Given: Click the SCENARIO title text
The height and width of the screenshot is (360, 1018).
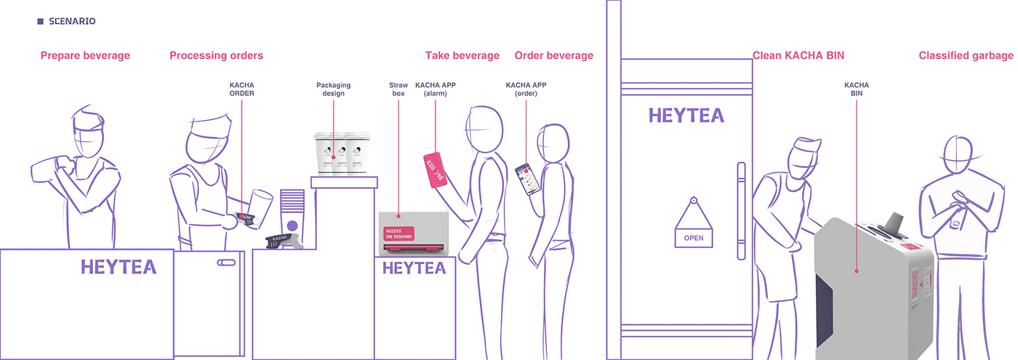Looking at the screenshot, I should coord(71,22).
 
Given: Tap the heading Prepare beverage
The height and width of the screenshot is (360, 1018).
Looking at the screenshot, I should coord(85,56).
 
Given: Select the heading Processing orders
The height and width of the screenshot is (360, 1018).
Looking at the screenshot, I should coord(216,56).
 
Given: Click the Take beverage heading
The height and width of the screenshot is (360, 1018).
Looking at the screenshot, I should coord(462,56).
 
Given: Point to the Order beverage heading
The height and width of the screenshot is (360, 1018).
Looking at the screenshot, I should coord(553,56).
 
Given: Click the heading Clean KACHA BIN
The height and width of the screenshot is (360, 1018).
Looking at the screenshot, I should coord(798,56).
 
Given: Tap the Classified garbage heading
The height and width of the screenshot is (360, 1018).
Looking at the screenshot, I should coord(966,56).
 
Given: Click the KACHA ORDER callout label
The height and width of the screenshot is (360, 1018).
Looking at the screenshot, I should coord(242,89).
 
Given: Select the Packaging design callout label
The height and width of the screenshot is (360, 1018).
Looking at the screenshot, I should coord(334,89).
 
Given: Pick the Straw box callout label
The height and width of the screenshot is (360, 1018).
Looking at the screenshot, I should coord(398,89).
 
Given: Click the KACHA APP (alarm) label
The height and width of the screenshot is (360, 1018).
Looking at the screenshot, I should coord(436,89).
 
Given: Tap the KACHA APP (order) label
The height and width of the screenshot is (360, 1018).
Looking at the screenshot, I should coord(526,89).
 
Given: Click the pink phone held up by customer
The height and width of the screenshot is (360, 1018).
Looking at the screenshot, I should coord(435,170).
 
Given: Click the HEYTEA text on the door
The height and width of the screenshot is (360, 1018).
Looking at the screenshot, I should coord(686,116).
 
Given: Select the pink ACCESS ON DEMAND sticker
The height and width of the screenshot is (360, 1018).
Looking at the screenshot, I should coord(399,233).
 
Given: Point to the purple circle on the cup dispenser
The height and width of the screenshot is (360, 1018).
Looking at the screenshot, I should coord(292,225).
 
